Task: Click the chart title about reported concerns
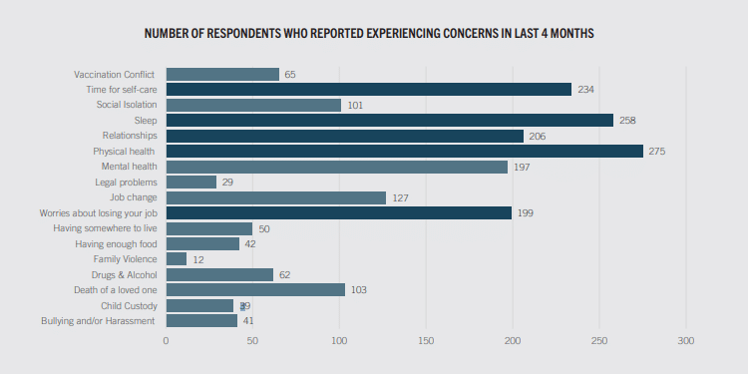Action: coord(369,34)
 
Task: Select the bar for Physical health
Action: coord(404,151)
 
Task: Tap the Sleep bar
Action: coord(389,120)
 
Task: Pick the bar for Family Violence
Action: coord(177,258)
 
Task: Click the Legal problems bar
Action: coord(190,182)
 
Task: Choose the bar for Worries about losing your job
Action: coord(338,212)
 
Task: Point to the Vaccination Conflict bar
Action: coord(222,74)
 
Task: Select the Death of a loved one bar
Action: coord(255,289)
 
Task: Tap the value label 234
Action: coord(585,90)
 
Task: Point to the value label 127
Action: coord(400,197)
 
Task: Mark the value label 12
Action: coord(197,259)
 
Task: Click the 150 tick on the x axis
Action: coord(426,341)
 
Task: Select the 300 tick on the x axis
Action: coord(685,341)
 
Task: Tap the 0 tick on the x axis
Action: coord(167,341)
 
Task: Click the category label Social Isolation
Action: coord(126,105)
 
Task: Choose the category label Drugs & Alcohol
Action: coord(123,274)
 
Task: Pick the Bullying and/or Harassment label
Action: coord(98,320)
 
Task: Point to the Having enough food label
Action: coord(116,243)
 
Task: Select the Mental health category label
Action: coord(129,167)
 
